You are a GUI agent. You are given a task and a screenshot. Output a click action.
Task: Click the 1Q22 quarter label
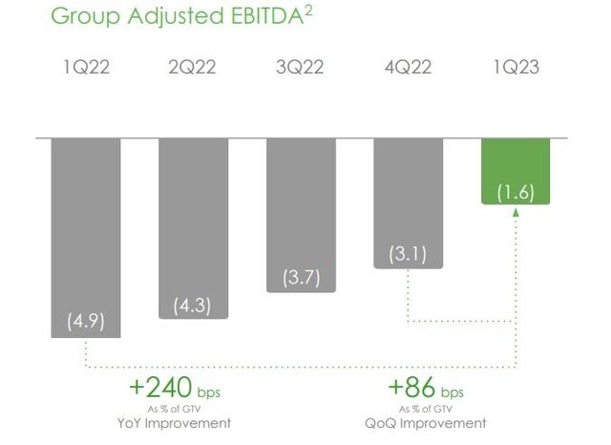(85, 68)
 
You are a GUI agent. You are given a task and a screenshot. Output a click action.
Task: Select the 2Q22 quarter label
(192, 68)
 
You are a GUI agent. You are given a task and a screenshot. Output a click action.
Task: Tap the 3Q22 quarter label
(300, 68)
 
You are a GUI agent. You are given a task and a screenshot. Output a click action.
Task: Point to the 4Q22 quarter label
(408, 68)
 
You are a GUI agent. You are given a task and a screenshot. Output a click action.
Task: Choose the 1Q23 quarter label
(514, 68)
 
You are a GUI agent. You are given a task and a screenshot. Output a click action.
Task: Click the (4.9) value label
(86, 321)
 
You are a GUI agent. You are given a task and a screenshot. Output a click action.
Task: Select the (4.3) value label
(193, 306)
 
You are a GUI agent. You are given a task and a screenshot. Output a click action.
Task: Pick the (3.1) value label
(408, 255)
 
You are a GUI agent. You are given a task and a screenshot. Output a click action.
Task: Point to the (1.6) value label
(516, 193)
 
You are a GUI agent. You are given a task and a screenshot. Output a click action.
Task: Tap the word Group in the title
(81, 17)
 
